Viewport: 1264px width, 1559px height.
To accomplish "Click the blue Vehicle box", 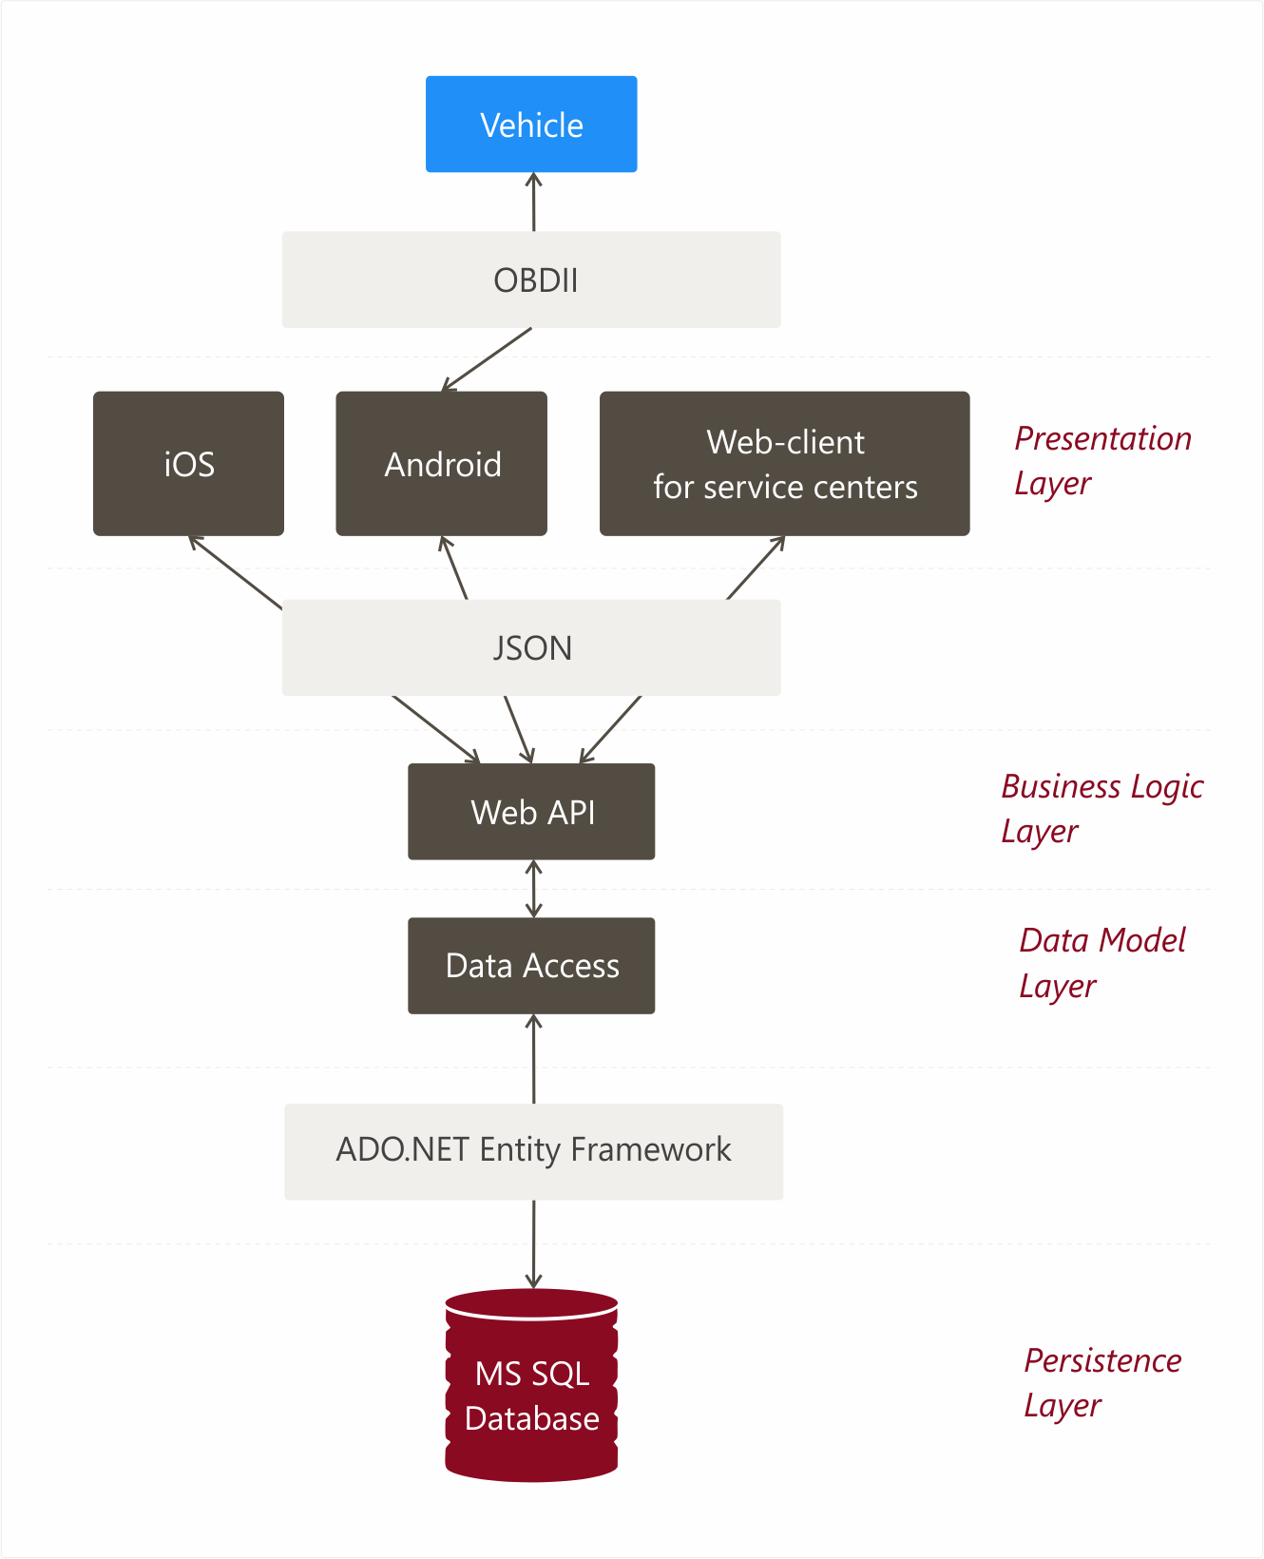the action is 531,124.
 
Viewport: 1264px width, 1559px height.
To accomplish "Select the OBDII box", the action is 531,279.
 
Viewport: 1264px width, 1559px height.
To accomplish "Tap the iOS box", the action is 188,463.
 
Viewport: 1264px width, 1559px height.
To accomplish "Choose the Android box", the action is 441,463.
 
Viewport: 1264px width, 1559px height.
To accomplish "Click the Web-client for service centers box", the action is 784,463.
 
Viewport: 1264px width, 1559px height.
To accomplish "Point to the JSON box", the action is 531,646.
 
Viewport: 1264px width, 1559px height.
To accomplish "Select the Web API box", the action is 531,811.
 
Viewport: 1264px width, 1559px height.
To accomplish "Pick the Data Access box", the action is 531,965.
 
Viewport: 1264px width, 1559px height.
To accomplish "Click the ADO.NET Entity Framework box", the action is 533,1151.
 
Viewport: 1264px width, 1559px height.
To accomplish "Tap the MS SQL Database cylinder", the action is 531,1385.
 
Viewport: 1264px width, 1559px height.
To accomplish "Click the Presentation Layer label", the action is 1102,461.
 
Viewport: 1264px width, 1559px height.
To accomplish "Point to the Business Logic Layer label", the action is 1101,808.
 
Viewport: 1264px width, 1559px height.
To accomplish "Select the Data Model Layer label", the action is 1102,963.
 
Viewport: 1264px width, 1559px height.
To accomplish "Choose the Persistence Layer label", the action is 1102,1383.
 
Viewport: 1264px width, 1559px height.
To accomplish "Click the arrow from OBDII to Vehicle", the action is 533,202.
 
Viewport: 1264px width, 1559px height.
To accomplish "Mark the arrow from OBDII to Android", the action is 487,359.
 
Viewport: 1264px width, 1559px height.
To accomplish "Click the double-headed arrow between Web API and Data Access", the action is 533,889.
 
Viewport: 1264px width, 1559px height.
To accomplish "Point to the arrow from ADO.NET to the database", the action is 533,1244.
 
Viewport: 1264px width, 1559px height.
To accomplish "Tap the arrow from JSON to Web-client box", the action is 756,568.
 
